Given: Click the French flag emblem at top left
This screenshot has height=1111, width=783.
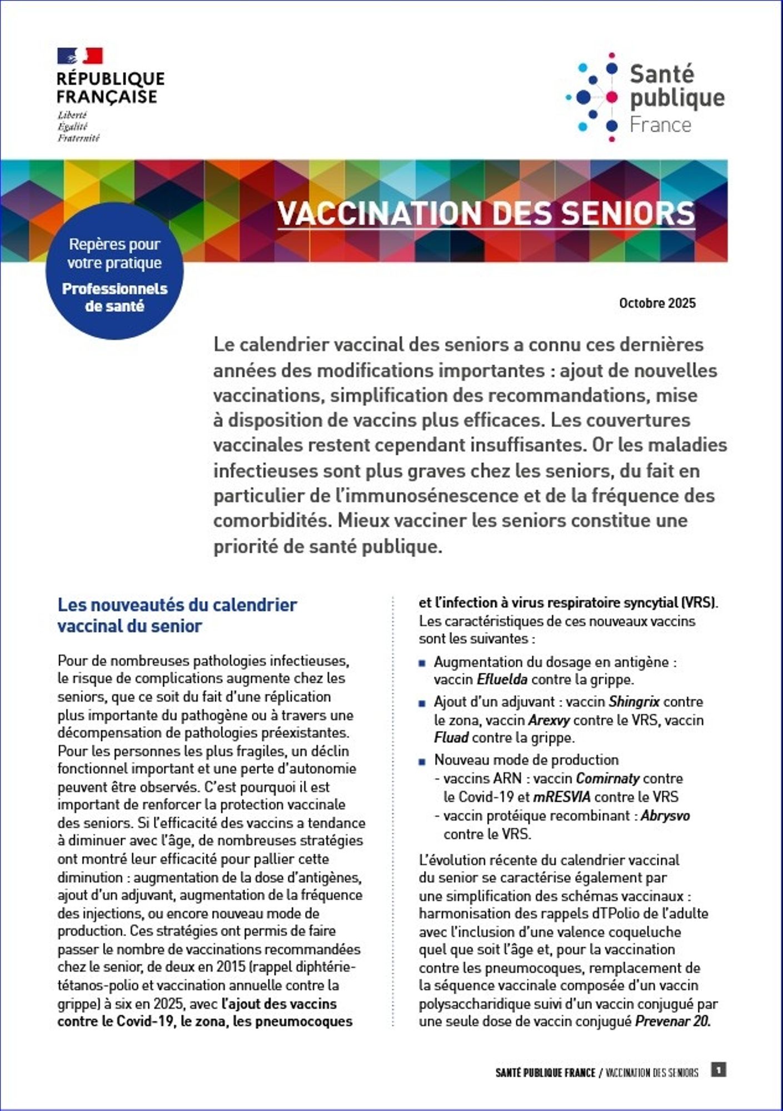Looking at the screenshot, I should click(80, 56).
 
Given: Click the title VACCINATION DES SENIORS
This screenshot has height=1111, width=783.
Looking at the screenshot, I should click(486, 213).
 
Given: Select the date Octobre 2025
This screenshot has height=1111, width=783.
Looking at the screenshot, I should click(657, 303).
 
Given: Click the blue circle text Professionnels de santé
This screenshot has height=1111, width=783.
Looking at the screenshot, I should click(114, 298).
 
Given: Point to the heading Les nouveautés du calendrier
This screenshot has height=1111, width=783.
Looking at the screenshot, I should click(177, 605).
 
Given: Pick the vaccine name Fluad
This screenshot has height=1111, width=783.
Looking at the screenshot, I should click(451, 738).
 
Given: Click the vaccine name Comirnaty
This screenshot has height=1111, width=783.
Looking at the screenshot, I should click(607, 778).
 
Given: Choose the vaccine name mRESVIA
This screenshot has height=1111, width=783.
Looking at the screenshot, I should click(562, 797).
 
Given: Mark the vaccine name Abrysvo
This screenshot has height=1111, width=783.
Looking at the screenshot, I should click(665, 816).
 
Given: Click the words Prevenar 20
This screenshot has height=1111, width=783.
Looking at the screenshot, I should click(672, 1022).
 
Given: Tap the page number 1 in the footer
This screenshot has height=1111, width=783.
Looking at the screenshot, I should click(719, 1069).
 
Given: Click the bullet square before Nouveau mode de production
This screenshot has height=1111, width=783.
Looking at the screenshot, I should click(423, 761).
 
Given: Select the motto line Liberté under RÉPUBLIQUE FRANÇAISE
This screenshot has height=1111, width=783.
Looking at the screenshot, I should click(72, 115).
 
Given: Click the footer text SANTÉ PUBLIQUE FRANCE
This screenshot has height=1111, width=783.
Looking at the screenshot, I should click(545, 1073).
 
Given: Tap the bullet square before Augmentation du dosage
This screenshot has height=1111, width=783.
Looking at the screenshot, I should click(423, 663).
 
